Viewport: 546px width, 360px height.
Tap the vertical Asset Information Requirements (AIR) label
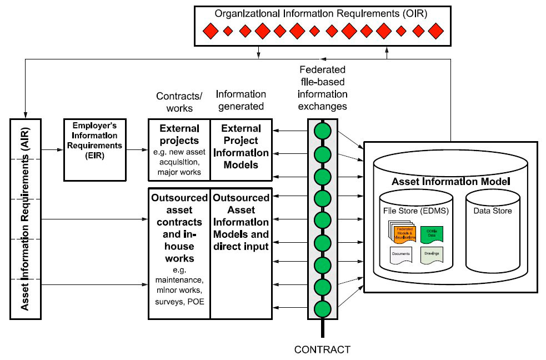pos(24,218)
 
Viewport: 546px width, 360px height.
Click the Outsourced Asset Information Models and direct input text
pos(241,221)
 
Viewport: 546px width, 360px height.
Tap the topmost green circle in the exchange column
pos(323,131)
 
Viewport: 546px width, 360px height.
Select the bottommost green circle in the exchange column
pos(323,308)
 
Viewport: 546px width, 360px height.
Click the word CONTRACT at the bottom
pos(322,350)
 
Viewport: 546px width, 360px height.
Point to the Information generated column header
pos(240,100)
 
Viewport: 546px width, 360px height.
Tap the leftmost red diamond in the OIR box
pos(210,32)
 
